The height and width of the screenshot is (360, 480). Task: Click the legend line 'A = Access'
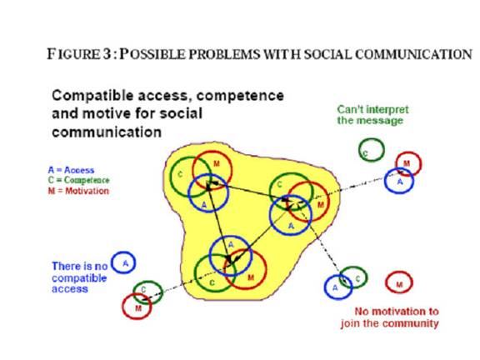(71, 170)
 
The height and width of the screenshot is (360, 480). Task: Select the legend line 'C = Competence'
(78, 180)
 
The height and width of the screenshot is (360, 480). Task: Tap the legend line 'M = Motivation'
(78, 191)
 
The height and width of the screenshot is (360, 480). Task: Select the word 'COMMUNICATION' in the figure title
(414, 54)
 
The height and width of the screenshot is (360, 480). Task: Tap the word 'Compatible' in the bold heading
(92, 96)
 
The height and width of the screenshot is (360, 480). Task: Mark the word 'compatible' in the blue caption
(79, 278)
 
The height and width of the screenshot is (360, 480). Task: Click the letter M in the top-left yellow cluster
(217, 164)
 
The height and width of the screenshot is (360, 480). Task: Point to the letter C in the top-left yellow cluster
(180, 174)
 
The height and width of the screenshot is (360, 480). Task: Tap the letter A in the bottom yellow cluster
(231, 245)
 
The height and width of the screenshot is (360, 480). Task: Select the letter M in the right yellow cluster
(321, 204)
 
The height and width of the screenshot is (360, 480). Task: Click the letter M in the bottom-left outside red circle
(138, 308)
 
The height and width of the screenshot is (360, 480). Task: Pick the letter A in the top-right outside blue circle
(400, 182)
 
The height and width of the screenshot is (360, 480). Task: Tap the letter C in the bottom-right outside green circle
(357, 278)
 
